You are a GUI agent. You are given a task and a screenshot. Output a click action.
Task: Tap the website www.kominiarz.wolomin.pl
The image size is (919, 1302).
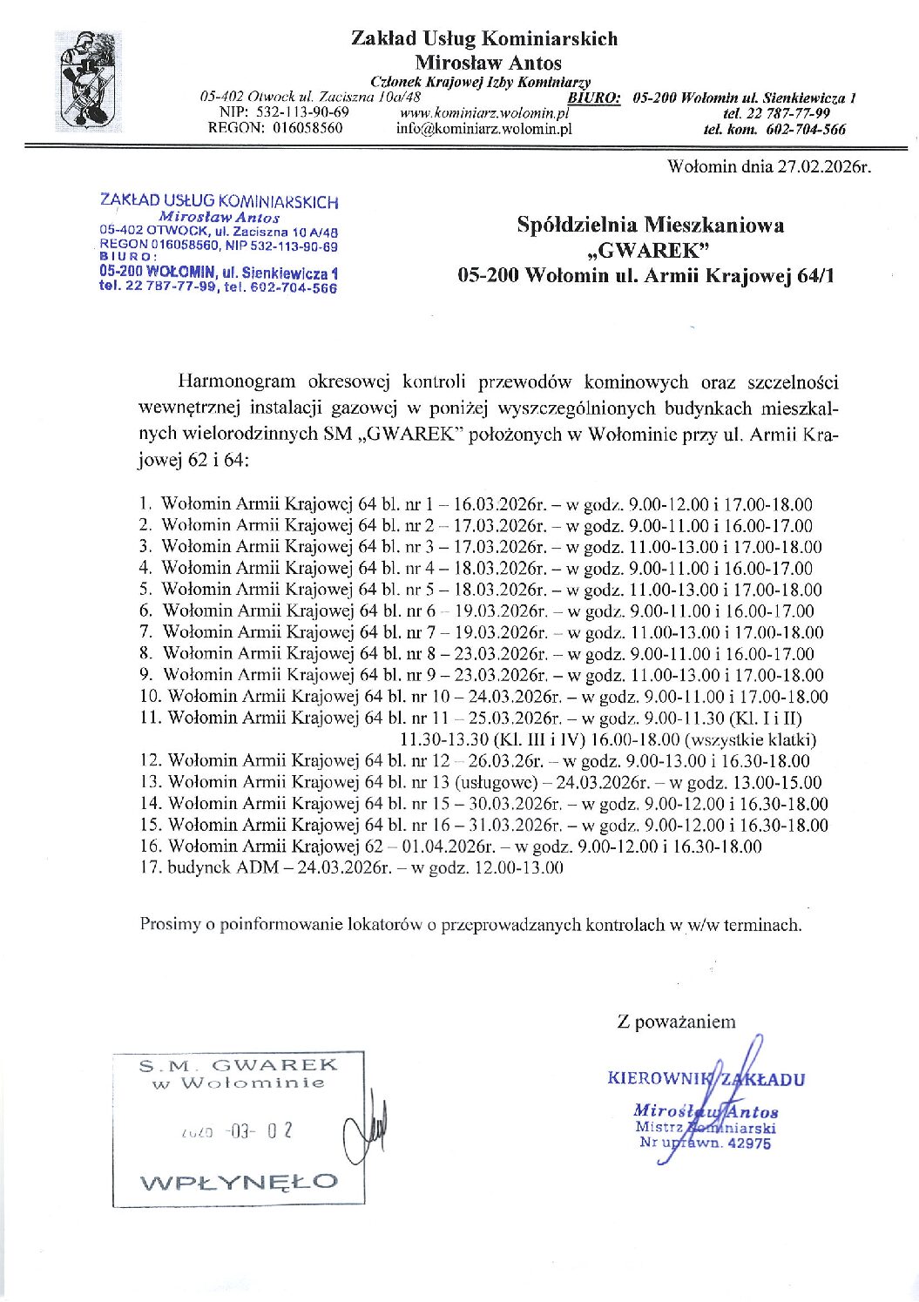pyautogui.click(x=483, y=112)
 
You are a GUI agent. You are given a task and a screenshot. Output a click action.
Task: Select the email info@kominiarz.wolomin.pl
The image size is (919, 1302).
pyautogui.click(x=483, y=129)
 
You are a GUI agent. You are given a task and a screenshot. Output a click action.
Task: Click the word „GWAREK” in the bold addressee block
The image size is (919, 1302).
pyautogui.click(x=645, y=251)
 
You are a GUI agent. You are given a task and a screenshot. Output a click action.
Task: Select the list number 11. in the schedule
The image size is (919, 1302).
pyautogui.click(x=152, y=718)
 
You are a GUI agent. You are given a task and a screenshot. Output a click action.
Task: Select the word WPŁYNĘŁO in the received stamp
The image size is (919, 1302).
pyautogui.click(x=239, y=1182)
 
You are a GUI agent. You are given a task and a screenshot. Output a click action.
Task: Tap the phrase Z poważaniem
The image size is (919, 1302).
pyautogui.click(x=676, y=1022)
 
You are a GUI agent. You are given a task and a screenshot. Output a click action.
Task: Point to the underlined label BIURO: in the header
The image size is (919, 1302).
pyautogui.click(x=594, y=98)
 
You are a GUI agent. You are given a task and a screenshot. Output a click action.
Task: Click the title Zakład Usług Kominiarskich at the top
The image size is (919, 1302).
pyautogui.click(x=484, y=38)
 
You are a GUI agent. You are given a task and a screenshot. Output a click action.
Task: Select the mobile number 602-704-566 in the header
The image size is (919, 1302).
pyautogui.click(x=806, y=130)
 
